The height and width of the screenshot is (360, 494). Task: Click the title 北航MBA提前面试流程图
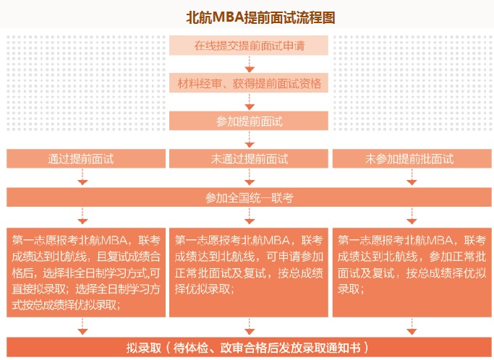point(260,17)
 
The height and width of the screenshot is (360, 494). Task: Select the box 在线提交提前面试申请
point(249,46)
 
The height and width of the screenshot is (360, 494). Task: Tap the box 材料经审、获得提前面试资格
point(249,83)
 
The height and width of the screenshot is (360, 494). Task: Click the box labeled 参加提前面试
point(249,121)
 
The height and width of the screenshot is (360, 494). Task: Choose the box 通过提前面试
point(86,159)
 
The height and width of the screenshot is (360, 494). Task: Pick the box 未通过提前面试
point(249,159)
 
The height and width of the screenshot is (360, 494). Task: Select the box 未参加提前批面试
point(412,159)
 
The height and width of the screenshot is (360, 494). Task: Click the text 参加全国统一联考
point(250,198)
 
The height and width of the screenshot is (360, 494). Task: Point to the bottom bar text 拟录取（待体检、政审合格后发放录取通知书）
point(247,348)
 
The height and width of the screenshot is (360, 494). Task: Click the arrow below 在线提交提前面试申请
point(250,64)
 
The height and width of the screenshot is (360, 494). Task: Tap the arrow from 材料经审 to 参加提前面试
point(250,102)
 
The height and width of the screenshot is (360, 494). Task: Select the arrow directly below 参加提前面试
point(250,140)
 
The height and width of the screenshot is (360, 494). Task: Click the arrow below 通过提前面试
point(82,177)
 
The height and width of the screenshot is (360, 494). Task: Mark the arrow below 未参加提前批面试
point(412,177)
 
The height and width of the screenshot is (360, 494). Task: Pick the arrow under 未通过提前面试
point(250,177)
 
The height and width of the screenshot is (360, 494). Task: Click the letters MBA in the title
point(229,17)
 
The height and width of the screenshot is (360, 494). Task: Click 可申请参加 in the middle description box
point(295,257)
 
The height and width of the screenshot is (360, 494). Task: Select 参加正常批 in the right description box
point(458,257)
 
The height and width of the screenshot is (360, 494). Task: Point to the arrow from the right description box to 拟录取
point(412,326)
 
